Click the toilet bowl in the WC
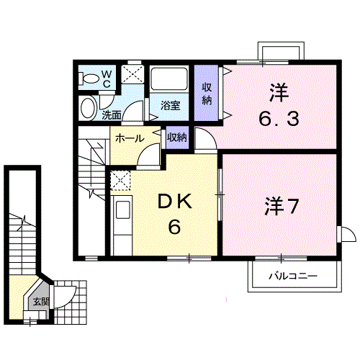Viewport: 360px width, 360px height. point(89,78)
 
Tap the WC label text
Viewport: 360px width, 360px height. point(107,79)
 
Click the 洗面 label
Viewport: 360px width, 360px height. point(112,115)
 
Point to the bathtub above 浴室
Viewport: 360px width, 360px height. point(168,79)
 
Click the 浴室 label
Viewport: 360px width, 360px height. point(171,106)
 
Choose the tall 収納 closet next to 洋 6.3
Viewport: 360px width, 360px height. point(207,93)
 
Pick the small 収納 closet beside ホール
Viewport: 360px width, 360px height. point(177,138)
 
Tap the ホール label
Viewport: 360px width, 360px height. point(130,139)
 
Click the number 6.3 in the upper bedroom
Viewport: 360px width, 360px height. point(279,120)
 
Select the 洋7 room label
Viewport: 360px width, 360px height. point(282,207)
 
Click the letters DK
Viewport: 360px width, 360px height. point(174,202)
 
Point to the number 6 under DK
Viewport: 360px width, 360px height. point(174,227)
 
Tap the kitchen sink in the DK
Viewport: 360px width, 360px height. point(123,210)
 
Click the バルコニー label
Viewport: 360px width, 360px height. point(293,276)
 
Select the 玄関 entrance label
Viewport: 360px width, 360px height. point(41,302)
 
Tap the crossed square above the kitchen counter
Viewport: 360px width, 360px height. point(120,180)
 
